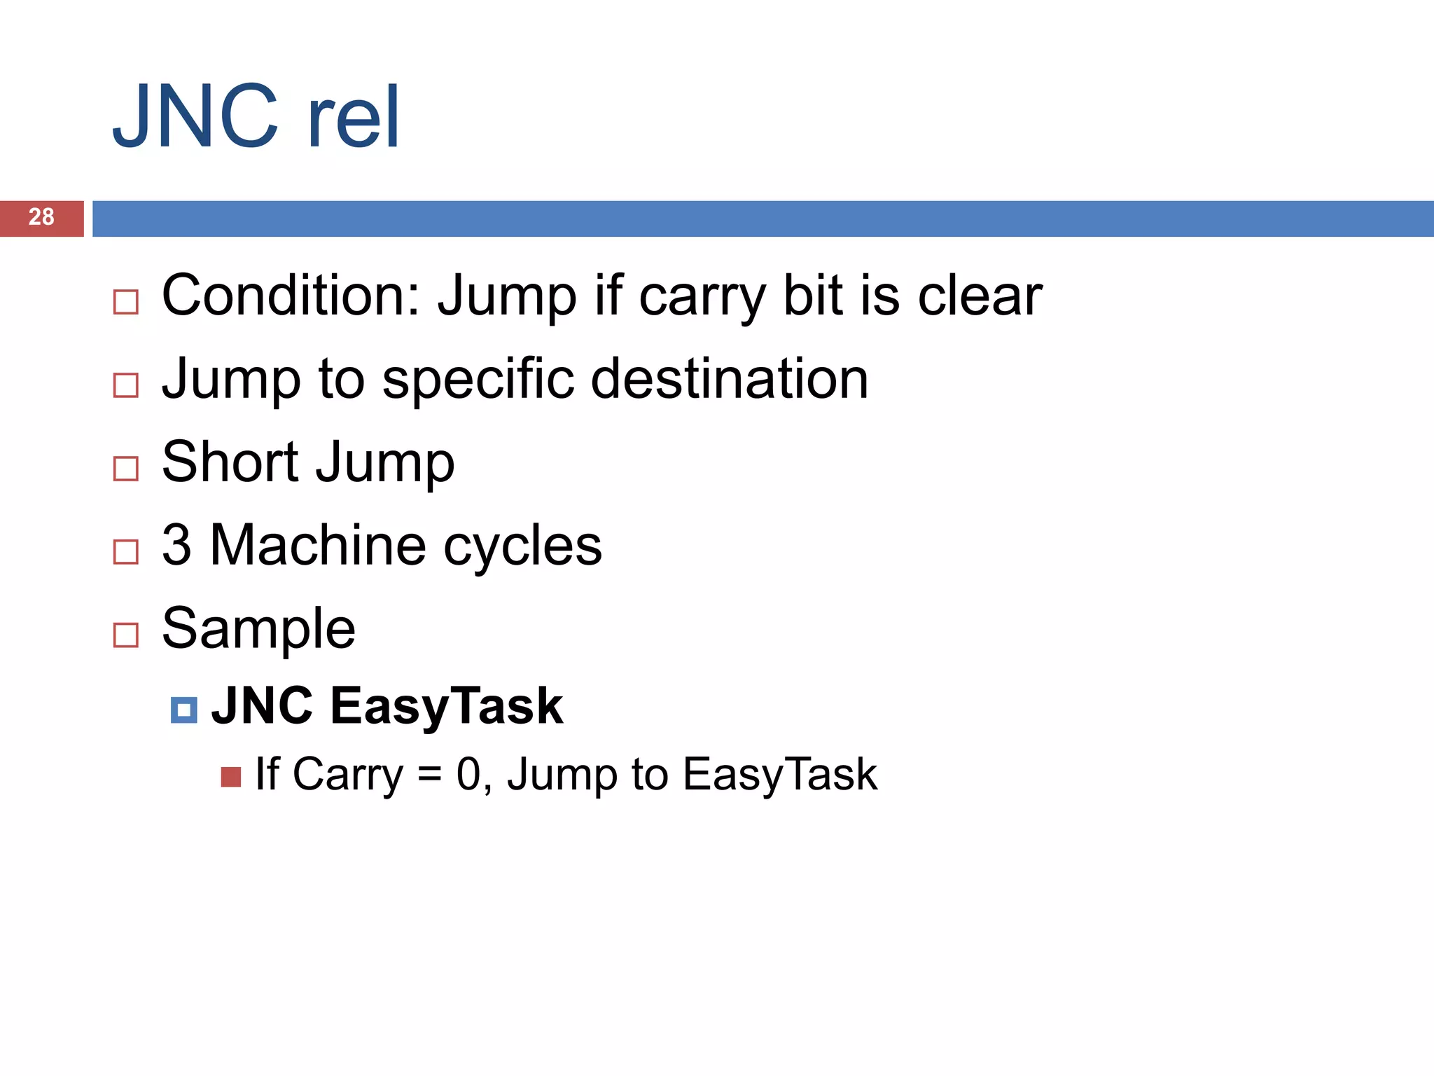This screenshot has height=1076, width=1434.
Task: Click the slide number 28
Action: pos(41,217)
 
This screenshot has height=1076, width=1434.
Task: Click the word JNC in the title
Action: pos(195,117)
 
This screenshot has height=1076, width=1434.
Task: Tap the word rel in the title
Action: pos(354,117)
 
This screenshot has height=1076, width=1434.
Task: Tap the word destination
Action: pos(730,378)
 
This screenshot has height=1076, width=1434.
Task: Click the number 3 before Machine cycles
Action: pos(176,545)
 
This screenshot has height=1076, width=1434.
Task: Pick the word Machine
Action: pos(318,545)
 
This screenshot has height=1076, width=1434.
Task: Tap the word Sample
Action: pos(258,629)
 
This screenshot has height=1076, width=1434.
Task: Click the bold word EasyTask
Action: pos(447,706)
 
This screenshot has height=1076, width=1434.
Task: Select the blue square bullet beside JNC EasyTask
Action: pos(183,710)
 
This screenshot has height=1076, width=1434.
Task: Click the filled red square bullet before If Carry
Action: pos(230,777)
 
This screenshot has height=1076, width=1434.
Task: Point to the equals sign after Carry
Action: pos(429,775)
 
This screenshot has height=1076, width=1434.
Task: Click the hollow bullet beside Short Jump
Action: pos(126,469)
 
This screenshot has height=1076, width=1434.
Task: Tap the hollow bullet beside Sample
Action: pos(126,635)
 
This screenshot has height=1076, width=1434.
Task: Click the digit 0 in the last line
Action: pos(468,774)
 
